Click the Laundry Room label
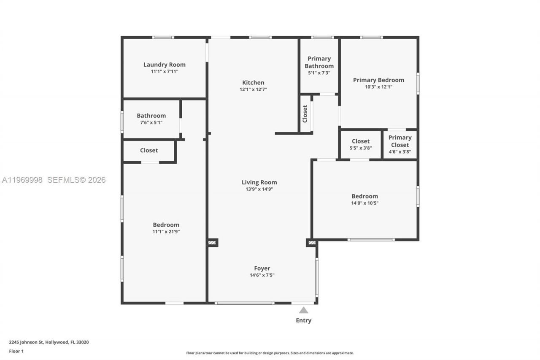click(x=164, y=65)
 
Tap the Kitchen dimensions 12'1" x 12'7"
click(x=253, y=89)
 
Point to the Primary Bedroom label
click(x=378, y=80)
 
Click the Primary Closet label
click(x=400, y=141)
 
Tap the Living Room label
click(x=259, y=182)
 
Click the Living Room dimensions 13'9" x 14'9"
click(x=259, y=189)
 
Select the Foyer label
click(x=262, y=268)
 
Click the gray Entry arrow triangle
click(x=303, y=310)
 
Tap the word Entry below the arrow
click(x=303, y=320)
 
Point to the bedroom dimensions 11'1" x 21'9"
click(x=166, y=232)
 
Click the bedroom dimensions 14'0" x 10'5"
click(x=364, y=203)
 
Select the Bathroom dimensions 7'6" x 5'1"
click(x=151, y=122)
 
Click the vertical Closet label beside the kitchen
click(x=305, y=114)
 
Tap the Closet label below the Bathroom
click(x=149, y=150)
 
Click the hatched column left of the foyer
click(x=212, y=243)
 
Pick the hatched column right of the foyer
click(x=312, y=243)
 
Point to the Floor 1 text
click(x=16, y=351)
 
